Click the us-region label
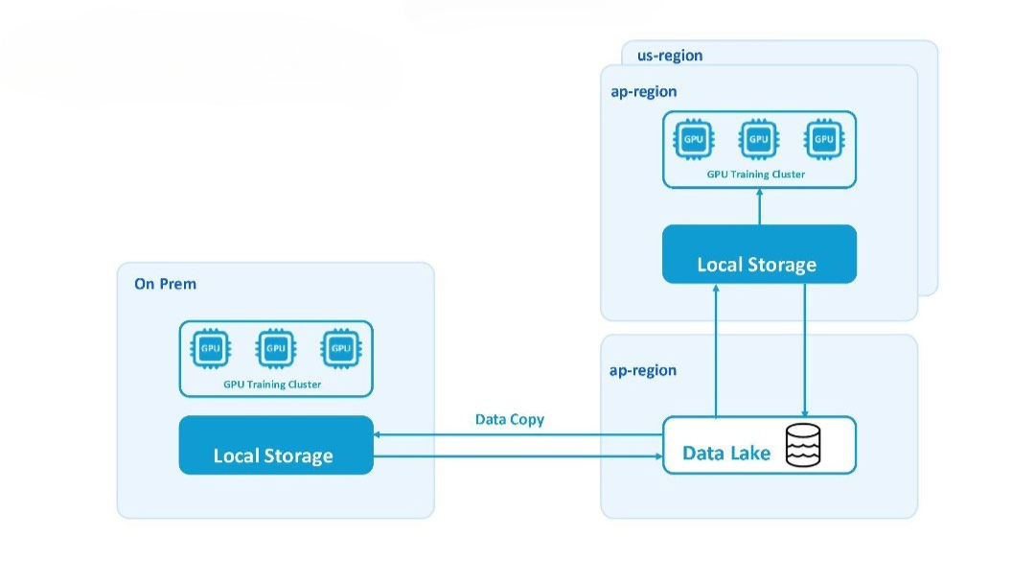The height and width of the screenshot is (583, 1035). (x=669, y=56)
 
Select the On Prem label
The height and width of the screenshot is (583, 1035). (x=165, y=284)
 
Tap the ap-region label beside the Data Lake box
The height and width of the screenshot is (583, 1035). (x=642, y=370)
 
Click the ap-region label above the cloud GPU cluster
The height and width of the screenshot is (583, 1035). (x=644, y=92)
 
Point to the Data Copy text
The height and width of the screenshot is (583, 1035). (x=510, y=420)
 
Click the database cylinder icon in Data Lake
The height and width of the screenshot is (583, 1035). (x=803, y=446)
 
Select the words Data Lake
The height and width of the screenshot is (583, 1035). (x=726, y=453)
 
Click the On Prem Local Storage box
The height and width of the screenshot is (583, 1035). (x=276, y=445)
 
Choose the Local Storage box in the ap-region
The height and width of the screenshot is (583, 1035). (x=759, y=254)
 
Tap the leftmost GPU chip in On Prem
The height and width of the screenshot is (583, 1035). (x=211, y=348)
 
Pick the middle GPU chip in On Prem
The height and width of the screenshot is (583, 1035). (x=276, y=348)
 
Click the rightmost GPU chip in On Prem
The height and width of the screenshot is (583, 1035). (x=341, y=348)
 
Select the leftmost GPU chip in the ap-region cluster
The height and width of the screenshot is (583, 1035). (x=693, y=139)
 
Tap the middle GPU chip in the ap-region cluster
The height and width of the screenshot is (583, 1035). (x=759, y=139)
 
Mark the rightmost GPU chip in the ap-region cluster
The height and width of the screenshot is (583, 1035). (x=824, y=139)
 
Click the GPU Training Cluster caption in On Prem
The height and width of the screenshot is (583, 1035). (x=272, y=385)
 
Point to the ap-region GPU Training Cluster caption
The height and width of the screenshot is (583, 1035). (x=756, y=175)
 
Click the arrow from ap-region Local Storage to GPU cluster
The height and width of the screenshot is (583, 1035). (x=759, y=207)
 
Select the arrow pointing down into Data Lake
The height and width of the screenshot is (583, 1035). (x=805, y=350)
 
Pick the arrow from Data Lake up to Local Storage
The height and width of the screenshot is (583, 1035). (x=716, y=351)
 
